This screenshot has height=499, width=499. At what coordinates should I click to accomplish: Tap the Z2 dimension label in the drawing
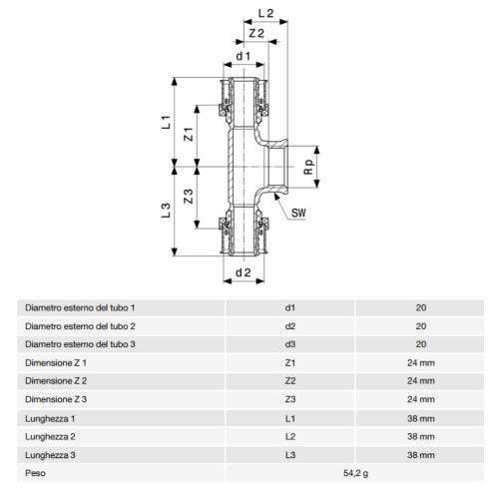point(255,35)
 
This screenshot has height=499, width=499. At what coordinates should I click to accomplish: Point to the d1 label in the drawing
point(242,56)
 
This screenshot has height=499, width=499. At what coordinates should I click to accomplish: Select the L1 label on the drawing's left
point(169,126)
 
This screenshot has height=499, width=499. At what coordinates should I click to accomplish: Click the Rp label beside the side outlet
point(309,168)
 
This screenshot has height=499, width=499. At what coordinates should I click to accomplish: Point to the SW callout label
point(299,212)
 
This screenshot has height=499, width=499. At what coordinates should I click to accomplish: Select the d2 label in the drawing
point(242,272)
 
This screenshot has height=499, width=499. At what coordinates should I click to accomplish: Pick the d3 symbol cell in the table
point(290,343)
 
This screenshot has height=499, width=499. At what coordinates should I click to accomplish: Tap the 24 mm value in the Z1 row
point(420,361)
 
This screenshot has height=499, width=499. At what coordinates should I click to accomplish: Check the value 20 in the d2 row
point(420,325)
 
